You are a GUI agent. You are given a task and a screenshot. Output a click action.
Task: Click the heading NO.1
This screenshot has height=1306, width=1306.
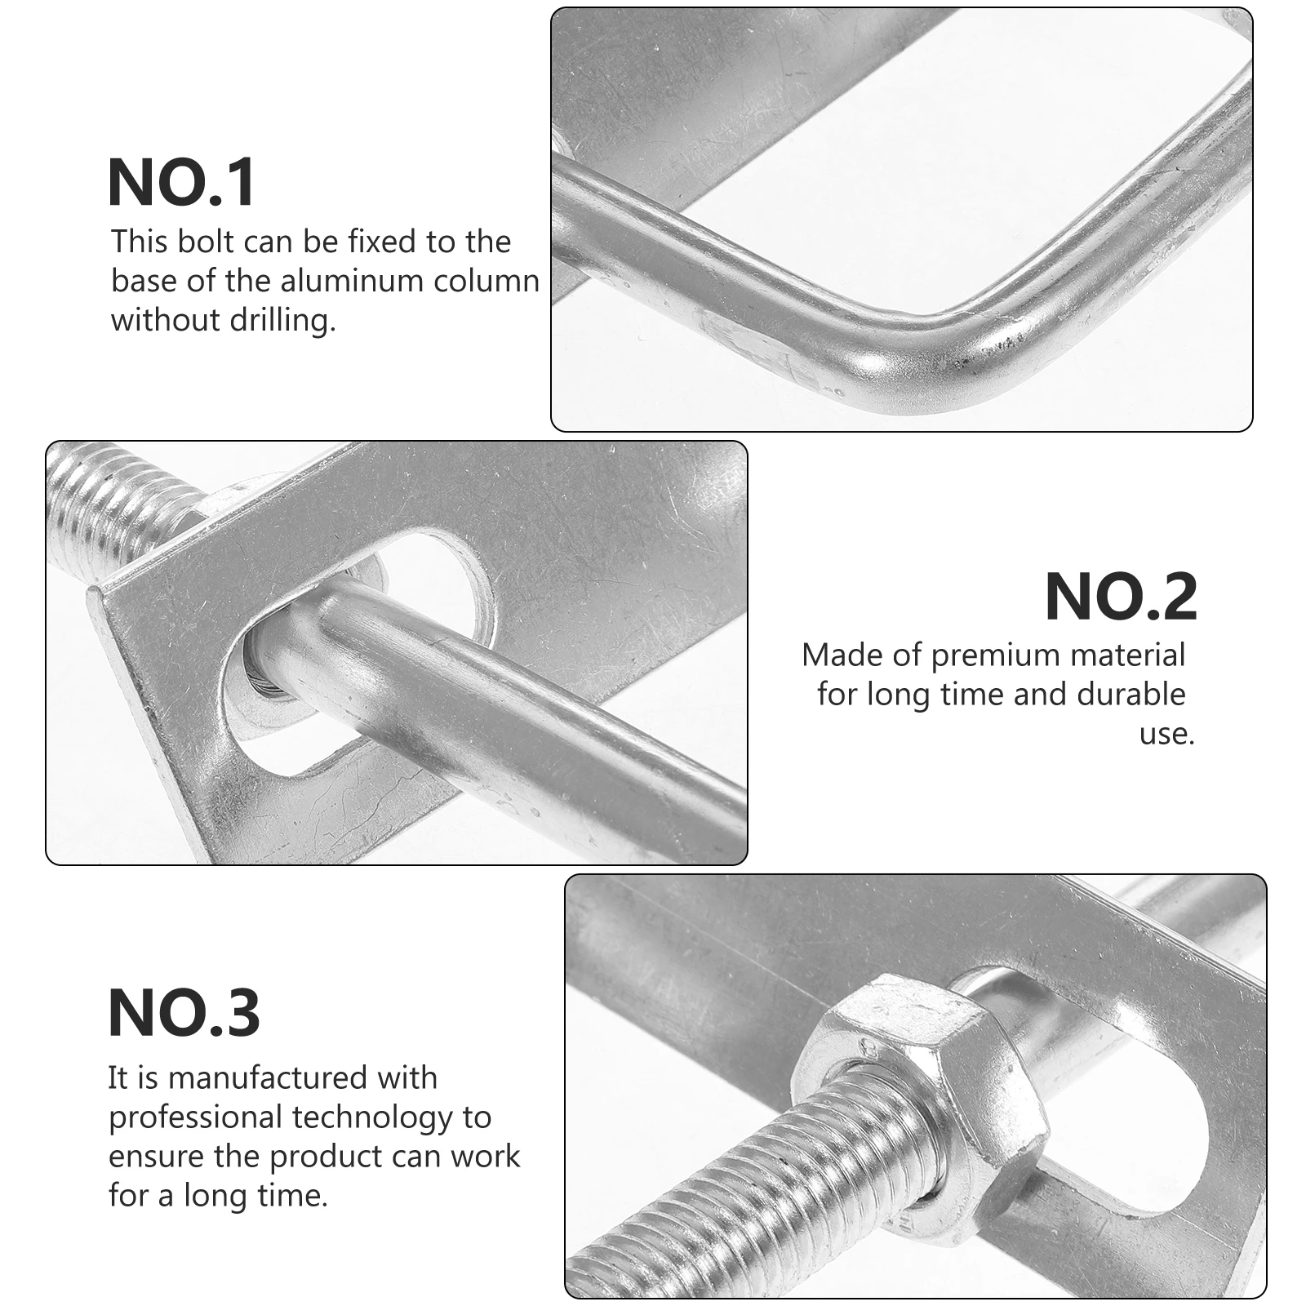[182, 183]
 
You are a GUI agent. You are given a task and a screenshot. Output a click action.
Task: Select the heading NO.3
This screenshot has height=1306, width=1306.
[184, 1013]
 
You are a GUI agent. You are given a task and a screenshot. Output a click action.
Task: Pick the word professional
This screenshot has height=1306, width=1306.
[194, 1117]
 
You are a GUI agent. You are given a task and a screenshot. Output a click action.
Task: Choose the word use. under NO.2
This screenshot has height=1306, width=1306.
[1166, 734]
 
